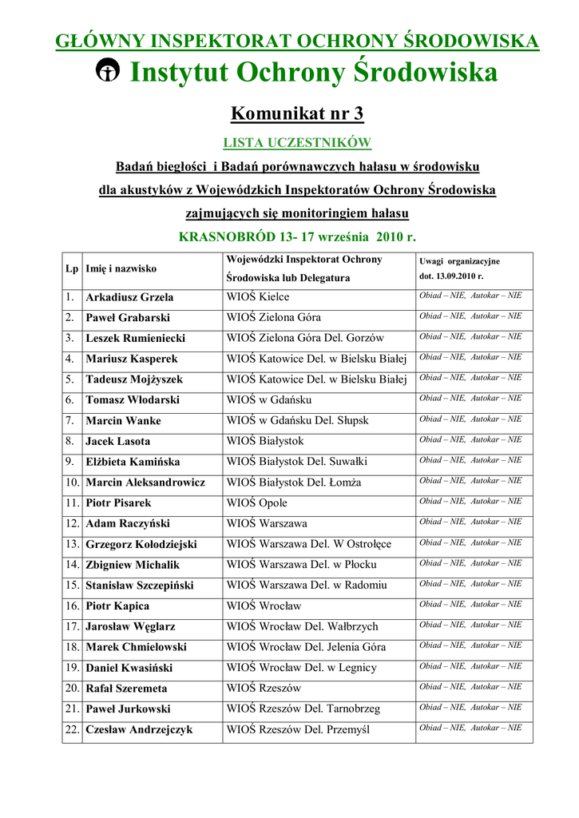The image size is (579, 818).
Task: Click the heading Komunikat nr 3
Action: tap(297, 113)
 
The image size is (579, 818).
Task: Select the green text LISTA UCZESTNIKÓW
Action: tap(297, 143)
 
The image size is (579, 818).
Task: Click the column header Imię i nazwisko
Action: tap(121, 269)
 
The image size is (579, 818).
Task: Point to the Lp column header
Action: tap(72, 269)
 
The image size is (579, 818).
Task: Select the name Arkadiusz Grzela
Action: tap(129, 297)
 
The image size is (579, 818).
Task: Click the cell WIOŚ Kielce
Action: tap(258, 297)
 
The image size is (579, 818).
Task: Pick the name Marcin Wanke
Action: tap(123, 421)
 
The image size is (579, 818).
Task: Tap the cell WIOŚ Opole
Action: tap(257, 503)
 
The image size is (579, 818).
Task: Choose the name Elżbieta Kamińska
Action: tap(133, 462)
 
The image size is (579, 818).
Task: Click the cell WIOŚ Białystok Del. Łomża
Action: tap(294, 482)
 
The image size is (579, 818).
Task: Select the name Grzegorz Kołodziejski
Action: tap(141, 545)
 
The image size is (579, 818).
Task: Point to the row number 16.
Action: tap(72, 606)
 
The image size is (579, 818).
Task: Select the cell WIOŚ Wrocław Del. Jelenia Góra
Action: tap(306, 647)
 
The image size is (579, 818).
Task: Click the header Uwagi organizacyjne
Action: tap(459, 261)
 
